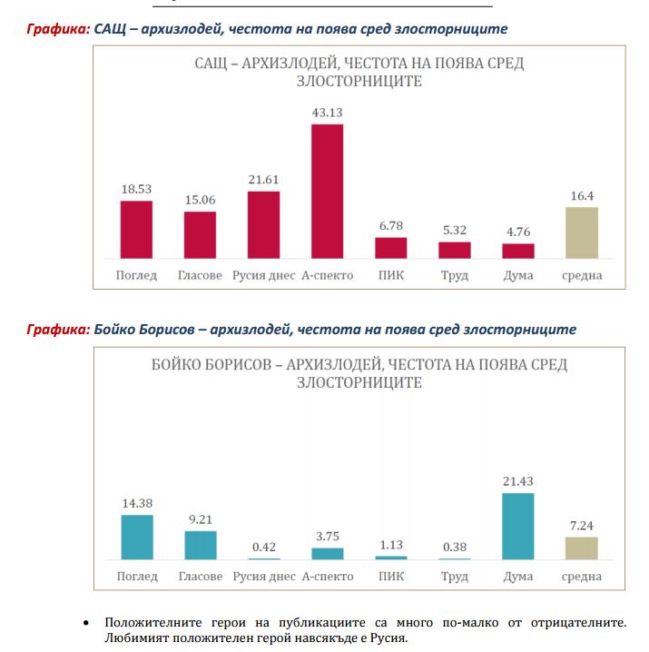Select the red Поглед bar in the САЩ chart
click(x=136, y=230)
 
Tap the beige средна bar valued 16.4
click(x=581, y=233)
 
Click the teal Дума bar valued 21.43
click(x=517, y=526)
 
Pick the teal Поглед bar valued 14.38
click(x=136, y=537)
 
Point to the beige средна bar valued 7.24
click(x=581, y=548)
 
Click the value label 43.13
click(x=327, y=113)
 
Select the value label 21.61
click(x=263, y=180)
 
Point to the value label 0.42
click(x=263, y=547)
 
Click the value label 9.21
click(x=200, y=519)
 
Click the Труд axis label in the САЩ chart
click(x=454, y=275)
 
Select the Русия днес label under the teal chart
click(x=263, y=577)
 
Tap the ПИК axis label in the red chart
click(x=390, y=275)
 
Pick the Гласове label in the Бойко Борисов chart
click(x=200, y=577)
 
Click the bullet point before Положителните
click(x=85, y=624)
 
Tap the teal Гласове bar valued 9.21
click(x=200, y=545)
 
